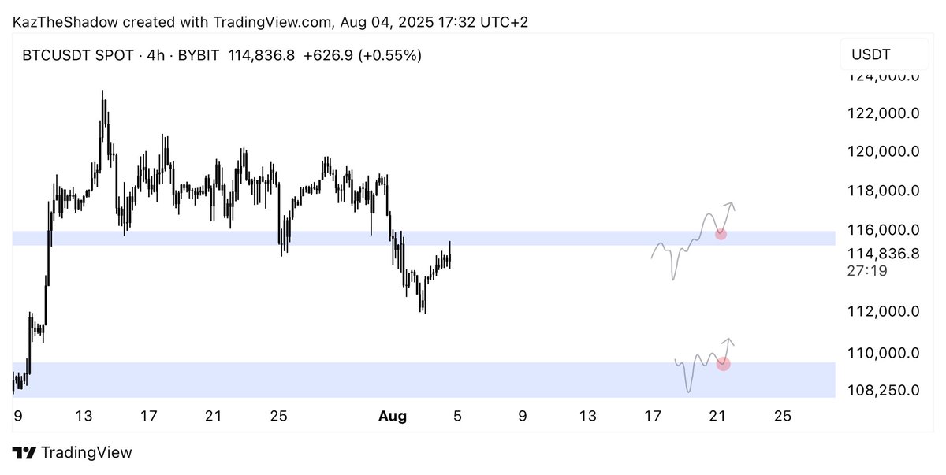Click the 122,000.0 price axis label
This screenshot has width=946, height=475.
[x=883, y=113]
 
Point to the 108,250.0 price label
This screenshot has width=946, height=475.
[x=883, y=391]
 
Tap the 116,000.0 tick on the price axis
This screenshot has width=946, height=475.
[x=883, y=230]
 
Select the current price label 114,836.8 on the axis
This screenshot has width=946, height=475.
[x=883, y=254]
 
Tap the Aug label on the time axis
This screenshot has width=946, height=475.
[x=393, y=416]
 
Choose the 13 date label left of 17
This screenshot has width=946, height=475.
[x=84, y=416]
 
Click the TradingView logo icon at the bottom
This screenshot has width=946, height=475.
[x=24, y=453]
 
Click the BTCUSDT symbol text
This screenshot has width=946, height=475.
[x=56, y=55]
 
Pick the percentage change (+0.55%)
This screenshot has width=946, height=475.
[x=389, y=55]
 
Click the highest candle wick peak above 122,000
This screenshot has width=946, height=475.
[x=102, y=91]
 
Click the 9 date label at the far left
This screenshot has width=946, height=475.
[x=17, y=416]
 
